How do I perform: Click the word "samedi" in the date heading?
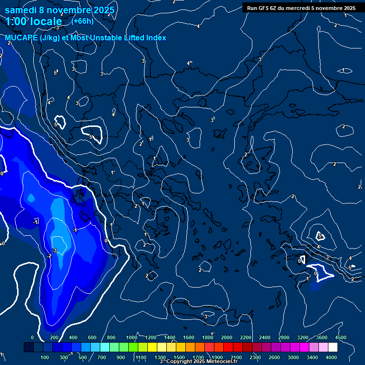[x=21, y=10]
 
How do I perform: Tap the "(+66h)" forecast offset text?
[x=82, y=21]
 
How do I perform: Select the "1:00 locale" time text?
[x=34, y=21]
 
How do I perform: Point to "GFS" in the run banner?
[x=262, y=8]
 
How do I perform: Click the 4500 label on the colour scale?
[x=341, y=337]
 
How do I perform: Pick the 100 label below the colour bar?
[x=45, y=357]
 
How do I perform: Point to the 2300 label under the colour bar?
[x=255, y=357]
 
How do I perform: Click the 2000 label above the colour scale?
[x=227, y=337]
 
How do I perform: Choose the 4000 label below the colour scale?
[x=331, y=357]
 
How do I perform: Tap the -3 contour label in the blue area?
[x=55, y=250]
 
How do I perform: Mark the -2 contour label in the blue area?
[x=49, y=256]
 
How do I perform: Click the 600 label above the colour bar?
[x=92, y=337]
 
